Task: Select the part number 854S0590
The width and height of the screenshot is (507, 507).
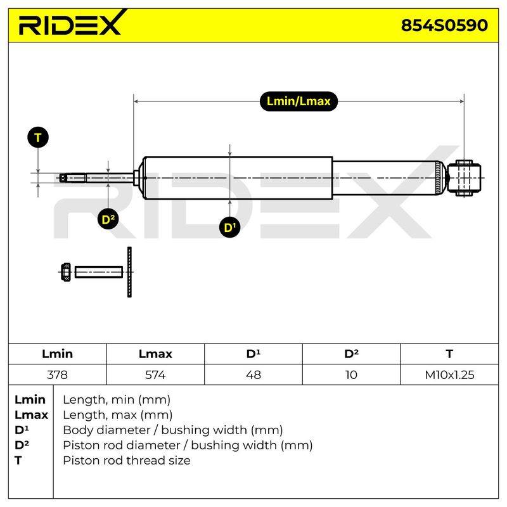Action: (x=444, y=25)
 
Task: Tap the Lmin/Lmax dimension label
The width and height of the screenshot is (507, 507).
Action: (x=298, y=101)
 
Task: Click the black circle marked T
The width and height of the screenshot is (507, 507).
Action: (x=38, y=138)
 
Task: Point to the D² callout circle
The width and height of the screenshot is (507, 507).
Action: (x=108, y=219)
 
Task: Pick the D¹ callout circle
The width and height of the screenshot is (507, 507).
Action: (x=229, y=228)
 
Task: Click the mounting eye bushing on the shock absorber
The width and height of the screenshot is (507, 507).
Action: (x=465, y=178)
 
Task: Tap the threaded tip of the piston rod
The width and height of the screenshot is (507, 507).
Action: (x=73, y=178)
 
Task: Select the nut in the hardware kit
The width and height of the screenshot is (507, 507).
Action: (x=66, y=273)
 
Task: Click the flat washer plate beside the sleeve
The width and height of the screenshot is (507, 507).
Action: (x=130, y=273)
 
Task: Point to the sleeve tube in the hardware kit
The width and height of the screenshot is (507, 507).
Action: (x=99, y=273)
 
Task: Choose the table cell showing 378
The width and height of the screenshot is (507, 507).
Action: (x=57, y=375)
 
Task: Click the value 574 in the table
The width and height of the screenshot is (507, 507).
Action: (x=155, y=375)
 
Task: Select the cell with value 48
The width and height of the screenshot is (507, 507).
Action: (x=253, y=375)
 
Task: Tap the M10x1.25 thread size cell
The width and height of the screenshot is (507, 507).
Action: (x=449, y=375)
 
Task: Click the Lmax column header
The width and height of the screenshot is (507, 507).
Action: (x=155, y=354)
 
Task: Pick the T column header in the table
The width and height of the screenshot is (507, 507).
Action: (x=449, y=354)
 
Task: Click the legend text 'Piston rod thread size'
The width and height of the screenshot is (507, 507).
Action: (x=127, y=460)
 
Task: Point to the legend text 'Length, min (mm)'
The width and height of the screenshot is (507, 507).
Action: (x=117, y=400)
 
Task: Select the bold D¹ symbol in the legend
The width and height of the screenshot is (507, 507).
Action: (x=22, y=430)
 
